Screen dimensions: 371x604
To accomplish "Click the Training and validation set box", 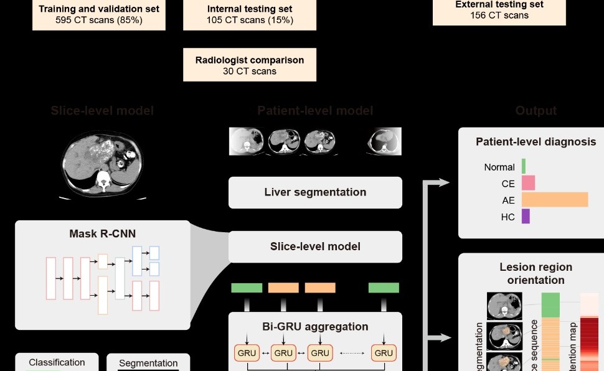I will coord(99,14).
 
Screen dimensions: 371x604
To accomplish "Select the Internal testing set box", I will coord(250,14).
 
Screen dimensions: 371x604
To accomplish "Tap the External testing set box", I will coord(499,11).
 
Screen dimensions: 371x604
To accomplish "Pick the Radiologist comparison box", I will coord(250,65).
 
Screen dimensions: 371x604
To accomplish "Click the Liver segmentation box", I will coord(315,192).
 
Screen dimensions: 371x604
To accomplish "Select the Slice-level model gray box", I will coord(315,247).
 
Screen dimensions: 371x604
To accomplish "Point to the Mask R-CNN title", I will coord(103,234).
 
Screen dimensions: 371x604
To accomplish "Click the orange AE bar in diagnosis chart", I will coord(555,200).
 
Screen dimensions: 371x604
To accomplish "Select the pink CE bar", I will coord(528,183).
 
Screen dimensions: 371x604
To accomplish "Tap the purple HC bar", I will coord(526,217).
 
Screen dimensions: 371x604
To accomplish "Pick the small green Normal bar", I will coord(524,166).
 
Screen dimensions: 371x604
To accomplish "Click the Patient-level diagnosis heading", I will coord(536,142).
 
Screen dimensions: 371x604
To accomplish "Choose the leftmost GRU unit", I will coord(247,353).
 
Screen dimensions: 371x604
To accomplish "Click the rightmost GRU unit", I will coord(384,353).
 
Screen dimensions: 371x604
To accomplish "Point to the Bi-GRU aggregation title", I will coord(315,327).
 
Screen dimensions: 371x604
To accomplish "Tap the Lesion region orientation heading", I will coord(536,273).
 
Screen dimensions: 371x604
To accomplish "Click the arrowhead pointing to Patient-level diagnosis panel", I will coord(443,182).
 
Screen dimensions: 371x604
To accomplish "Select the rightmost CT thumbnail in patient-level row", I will coord(385,141).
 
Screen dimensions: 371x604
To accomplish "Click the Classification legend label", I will coord(57,362).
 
